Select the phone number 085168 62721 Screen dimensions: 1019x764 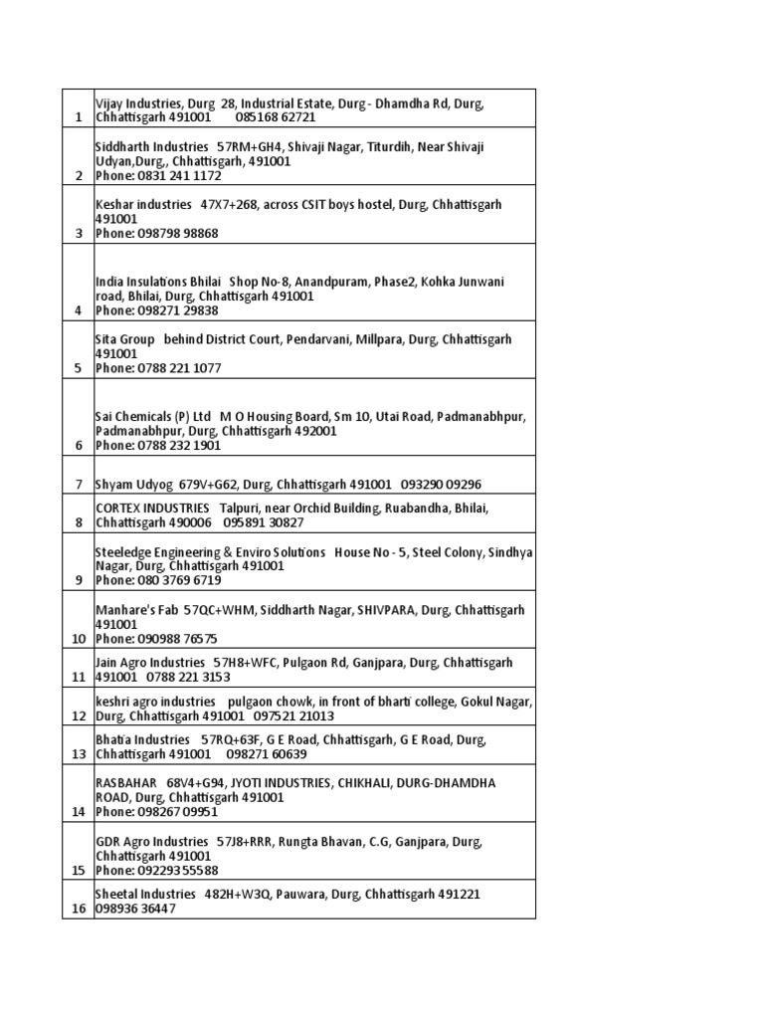pyautogui.click(x=276, y=117)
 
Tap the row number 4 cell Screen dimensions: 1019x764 pyautogui.click(x=78, y=310)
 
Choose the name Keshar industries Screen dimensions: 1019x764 pyautogui.click(x=143, y=204)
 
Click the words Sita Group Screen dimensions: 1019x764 pyautogui.click(x=124, y=339)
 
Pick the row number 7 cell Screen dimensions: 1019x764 pyautogui.click(x=78, y=485)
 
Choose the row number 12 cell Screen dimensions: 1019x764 pyautogui.click(x=78, y=716)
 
